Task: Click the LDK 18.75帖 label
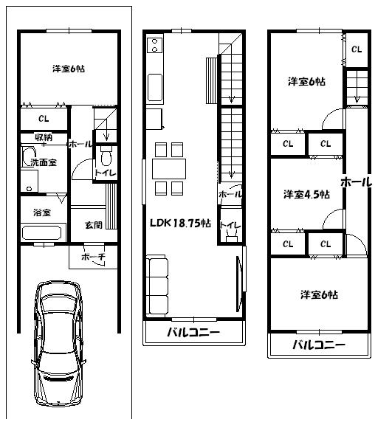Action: (x=180, y=223)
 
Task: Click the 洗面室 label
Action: (x=43, y=162)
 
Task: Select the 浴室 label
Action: (x=41, y=212)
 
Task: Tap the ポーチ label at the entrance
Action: (x=92, y=257)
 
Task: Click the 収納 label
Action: (x=43, y=138)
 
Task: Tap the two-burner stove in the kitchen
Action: (x=156, y=46)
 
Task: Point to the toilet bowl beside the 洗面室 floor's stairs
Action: (x=106, y=158)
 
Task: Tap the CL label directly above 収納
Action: (x=42, y=118)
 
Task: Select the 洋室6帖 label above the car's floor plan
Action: (x=68, y=69)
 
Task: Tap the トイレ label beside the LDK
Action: (x=228, y=225)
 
